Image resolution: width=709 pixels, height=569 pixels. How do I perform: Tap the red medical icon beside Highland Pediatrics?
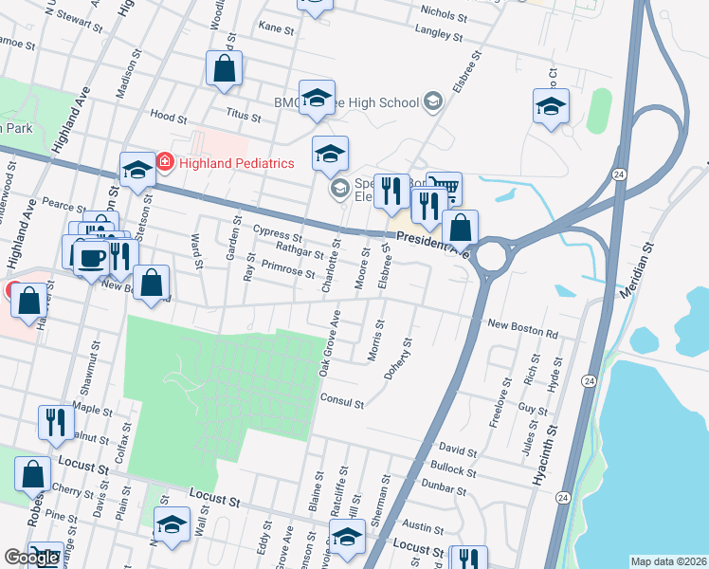coord(165,163)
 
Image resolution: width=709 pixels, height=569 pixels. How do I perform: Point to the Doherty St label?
coord(400,358)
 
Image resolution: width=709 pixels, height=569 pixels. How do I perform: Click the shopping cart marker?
coord(444,188)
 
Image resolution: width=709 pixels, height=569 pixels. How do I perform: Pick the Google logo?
coord(31,558)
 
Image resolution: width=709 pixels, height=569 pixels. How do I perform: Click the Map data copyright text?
coord(667,561)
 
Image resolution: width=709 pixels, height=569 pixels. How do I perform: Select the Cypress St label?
coord(278,232)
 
